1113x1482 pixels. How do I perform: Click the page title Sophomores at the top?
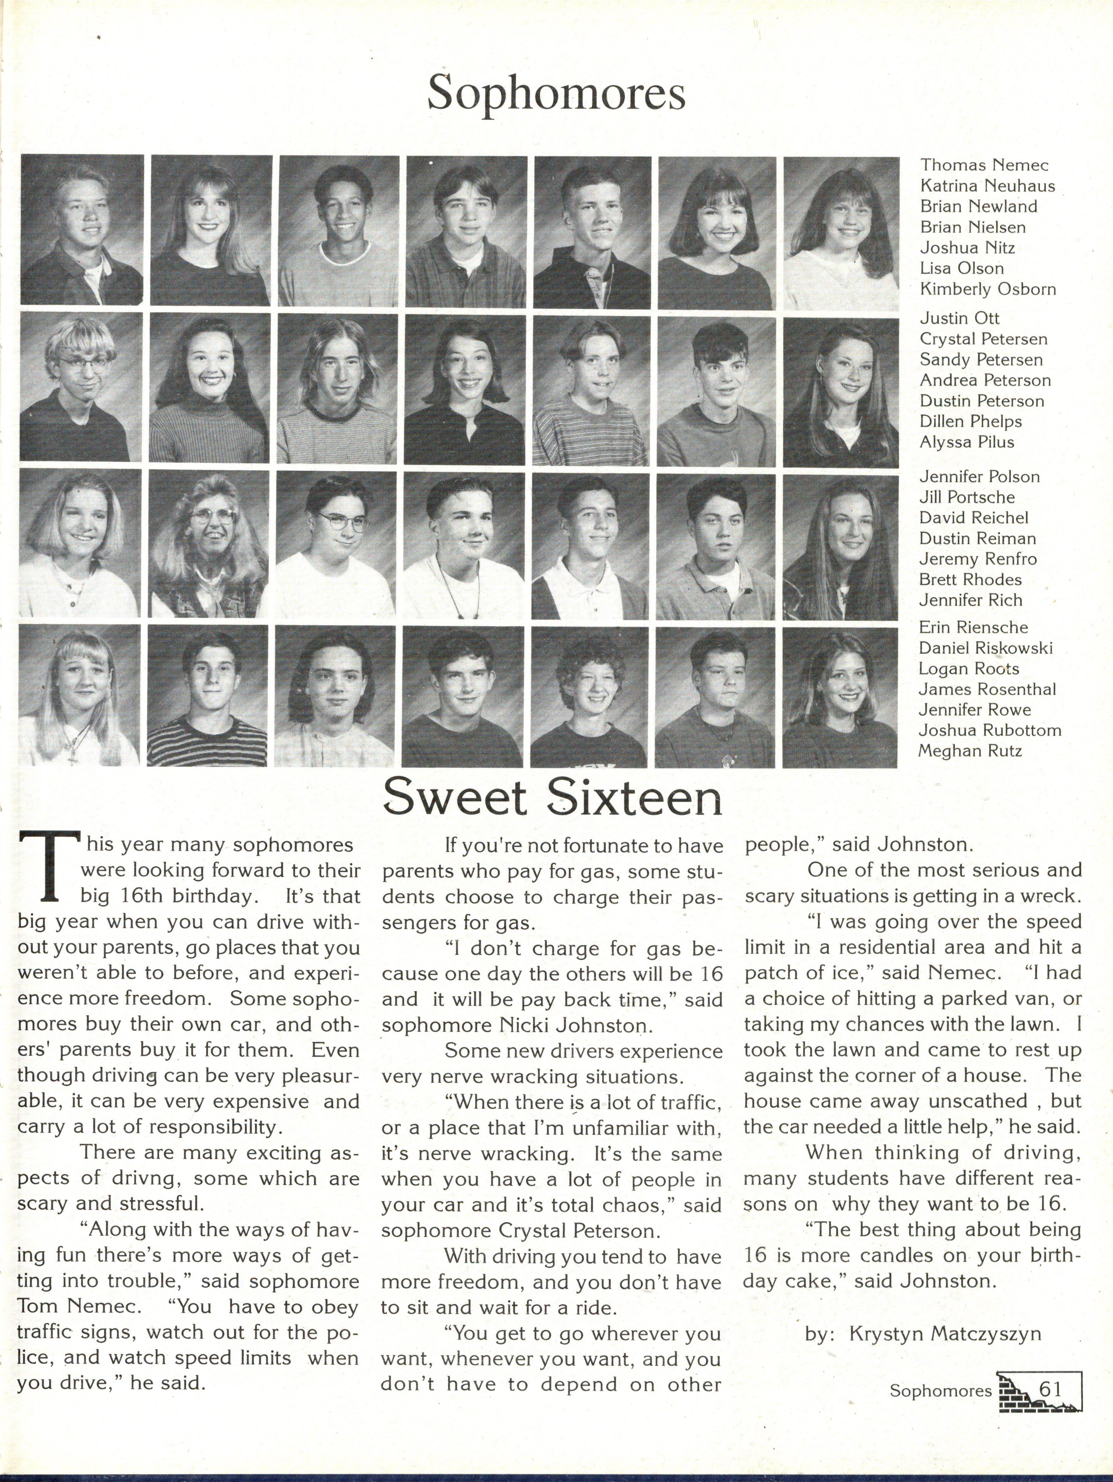coord(556,94)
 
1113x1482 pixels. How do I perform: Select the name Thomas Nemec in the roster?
coord(984,165)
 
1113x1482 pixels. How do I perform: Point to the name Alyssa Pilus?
coord(966,442)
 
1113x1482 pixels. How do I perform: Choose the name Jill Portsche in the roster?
coord(966,497)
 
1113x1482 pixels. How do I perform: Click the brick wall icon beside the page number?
coord(1013,1392)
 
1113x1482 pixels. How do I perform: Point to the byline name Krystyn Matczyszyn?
coord(945,1333)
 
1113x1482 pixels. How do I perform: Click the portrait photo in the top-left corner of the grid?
coord(82,230)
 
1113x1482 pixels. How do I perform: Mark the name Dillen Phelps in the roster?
coord(970,422)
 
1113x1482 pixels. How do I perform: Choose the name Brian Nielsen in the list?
coord(972,227)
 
